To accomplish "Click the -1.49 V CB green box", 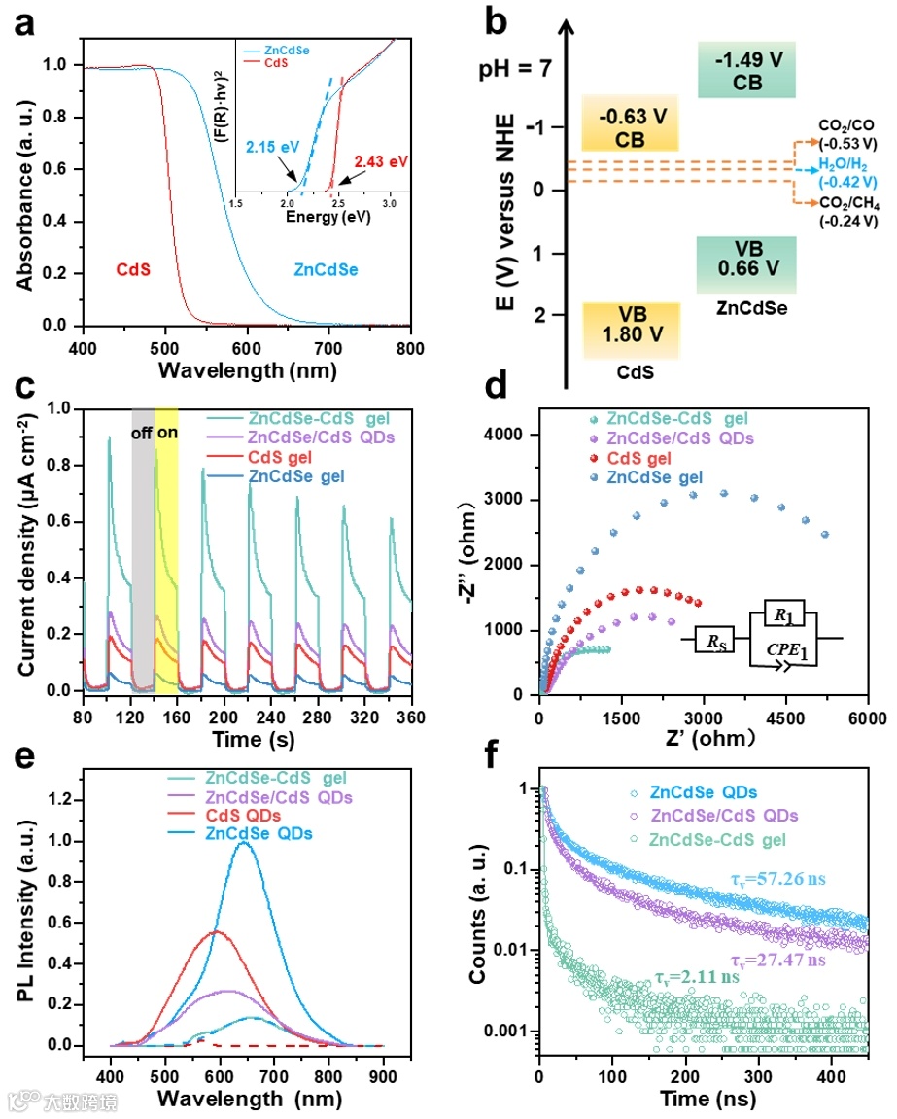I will (x=746, y=70).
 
